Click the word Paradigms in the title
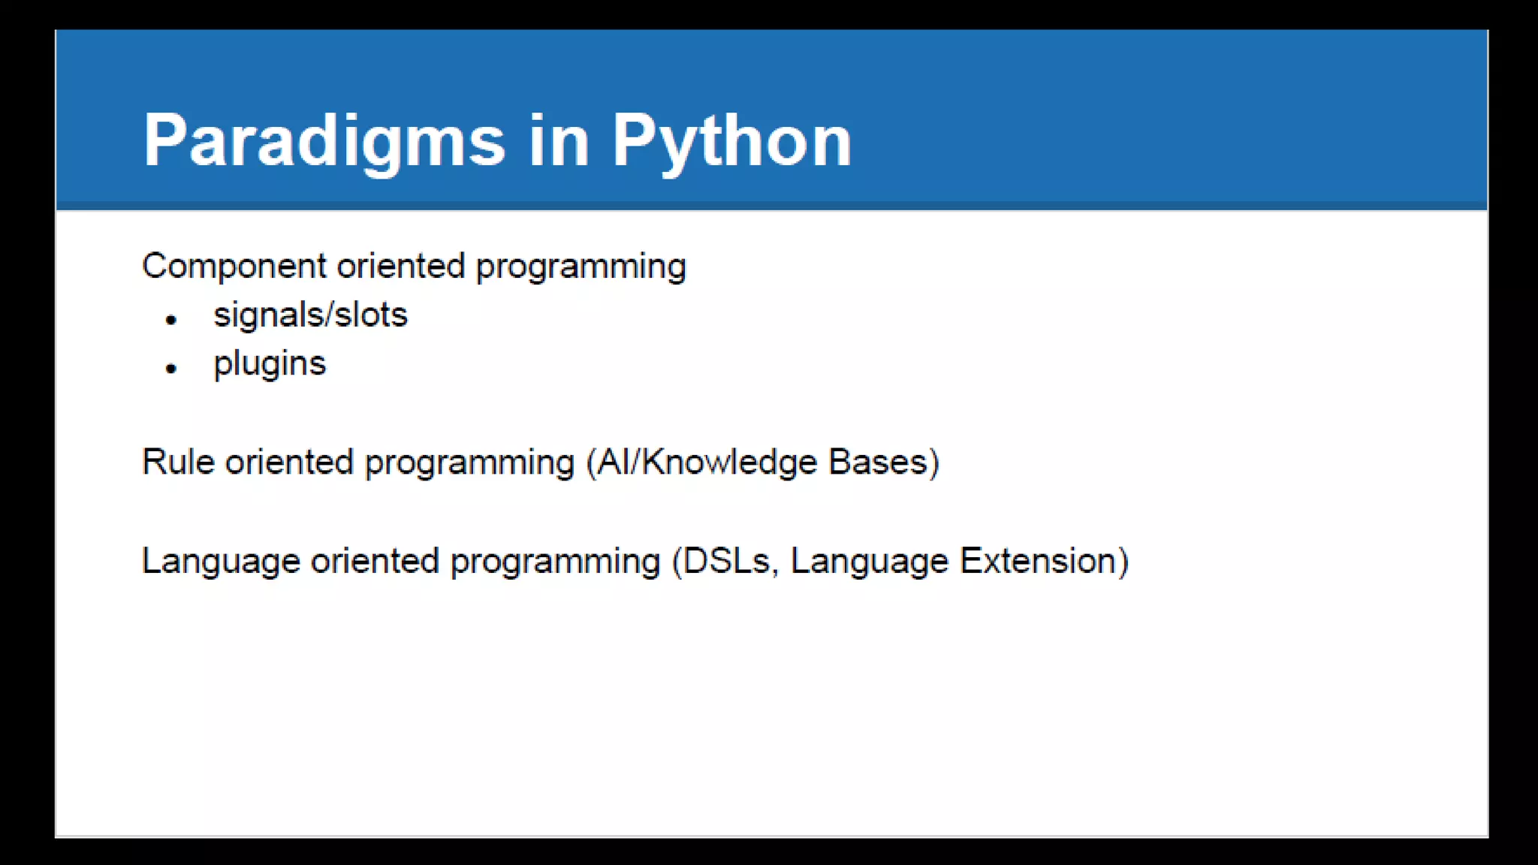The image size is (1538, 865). (x=324, y=140)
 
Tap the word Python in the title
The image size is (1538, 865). (x=731, y=140)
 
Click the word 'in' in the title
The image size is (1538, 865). (x=559, y=140)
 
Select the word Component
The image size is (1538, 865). (x=234, y=267)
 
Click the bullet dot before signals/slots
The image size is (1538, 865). (x=171, y=320)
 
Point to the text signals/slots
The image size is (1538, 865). (x=310, y=315)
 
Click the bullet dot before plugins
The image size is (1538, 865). (x=171, y=369)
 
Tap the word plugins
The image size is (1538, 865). (x=270, y=364)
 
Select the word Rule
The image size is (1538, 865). (x=178, y=463)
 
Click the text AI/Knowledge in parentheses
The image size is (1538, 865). (x=706, y=463)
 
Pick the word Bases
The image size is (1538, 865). (x=878, y=463)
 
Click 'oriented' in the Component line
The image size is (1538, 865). (x=401, y=267)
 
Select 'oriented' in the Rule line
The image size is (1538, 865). (x=289, y=463)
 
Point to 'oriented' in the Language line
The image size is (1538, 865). (x=375, y=562)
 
